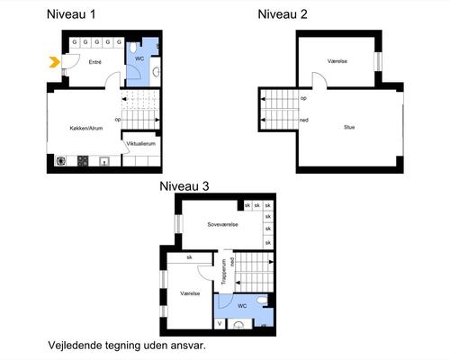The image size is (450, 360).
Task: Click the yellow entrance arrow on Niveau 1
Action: pyautogui.click(x=54, y=62)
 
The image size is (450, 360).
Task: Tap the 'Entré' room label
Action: pyautogui.click(x=94, y=62)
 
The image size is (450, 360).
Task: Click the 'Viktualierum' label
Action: pyautogui.click(x=141, y=143)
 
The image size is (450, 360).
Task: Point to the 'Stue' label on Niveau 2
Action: pyautogui.click(x=349, y=127)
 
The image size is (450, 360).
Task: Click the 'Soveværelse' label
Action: pyautogui.click(x=221, y=224)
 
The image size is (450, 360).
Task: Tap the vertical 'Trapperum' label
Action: pyautogui.click(x=224, y=272)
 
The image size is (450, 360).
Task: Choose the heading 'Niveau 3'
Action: pyautogui.click(x=184, y=186)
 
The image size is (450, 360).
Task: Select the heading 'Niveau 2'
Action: pyautogui.click(x=283, y=13)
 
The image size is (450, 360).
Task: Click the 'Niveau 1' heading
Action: pyautogui.click(x=71, y=13)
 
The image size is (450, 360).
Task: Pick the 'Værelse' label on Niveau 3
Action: pyautogui.click(x=190, y=293)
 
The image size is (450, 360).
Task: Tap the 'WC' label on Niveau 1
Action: pyautogui.click(x=139, y=58)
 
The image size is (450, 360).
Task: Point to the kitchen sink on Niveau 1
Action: pyautogui.click(x=105, y=162)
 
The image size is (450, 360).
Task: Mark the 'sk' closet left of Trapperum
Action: pyautogui.click(x=190, y=257)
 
